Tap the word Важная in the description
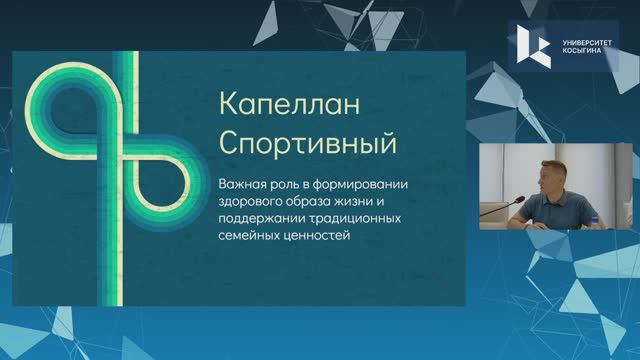pos(239,184)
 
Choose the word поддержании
pos(258,219)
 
